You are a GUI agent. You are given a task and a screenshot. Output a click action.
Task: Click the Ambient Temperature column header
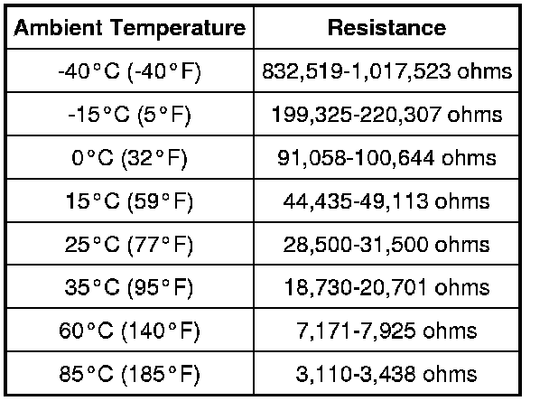(x=129, y=28)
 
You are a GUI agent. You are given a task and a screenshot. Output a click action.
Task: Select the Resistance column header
(x=386, y=28)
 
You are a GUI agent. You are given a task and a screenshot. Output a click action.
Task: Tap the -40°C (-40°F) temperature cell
(x=129, y=71)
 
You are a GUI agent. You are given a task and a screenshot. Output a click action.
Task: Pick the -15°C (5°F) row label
(x=129, y=115)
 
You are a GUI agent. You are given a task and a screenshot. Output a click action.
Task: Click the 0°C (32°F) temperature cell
(x=129, y=158)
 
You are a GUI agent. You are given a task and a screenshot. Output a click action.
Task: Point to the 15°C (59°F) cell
(x=129, y=201)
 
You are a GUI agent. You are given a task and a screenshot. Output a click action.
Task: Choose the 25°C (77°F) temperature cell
(x=129, y=245)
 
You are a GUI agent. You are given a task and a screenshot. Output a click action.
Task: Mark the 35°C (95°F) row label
(x=129, y=288)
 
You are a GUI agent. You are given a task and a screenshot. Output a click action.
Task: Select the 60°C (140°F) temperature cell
(x=129, y=331)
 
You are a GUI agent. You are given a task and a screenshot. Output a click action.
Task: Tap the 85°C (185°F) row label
(x=129, y=373)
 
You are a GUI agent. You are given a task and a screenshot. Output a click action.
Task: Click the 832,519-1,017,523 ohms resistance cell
(x=386, y=71)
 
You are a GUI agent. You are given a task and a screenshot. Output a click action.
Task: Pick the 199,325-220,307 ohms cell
(x=386, y=115)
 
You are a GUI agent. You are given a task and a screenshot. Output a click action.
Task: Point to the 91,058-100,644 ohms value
(x=386, y=158)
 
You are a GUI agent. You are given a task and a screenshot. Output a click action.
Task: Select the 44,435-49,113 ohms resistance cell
(x=386, y=201)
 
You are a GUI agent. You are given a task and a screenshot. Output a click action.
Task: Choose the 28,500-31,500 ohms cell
(x=386, y=245)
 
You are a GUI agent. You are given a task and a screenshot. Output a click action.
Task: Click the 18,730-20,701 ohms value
(x=386, y=288)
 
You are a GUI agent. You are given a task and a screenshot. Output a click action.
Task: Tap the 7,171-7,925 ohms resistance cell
(x=386, y=331)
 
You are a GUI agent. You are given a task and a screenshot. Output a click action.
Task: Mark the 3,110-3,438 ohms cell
(x=386, y=373)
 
